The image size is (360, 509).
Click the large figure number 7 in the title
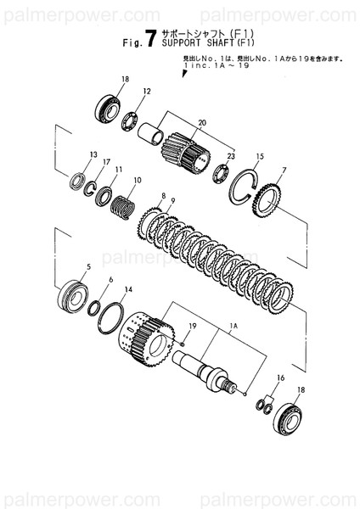pyautogui.click(x=151, y=36)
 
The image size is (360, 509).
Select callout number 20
pyautogui.click(x=201, y=123)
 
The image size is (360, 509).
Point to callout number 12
pyautogui.click(x=146, y=91)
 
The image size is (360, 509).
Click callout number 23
pyautogui.click(x=231, y=156)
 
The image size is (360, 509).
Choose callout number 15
pyautogui.click(x=260, y=157)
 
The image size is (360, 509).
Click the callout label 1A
pyautogui.click(x=232, y=325)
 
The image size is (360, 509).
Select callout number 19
pyautogui.click(x=193, y=327)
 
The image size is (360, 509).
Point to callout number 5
pyautogui.click(x=85, y=267)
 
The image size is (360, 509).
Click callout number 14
pyautogui.click(x=128, y=289)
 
